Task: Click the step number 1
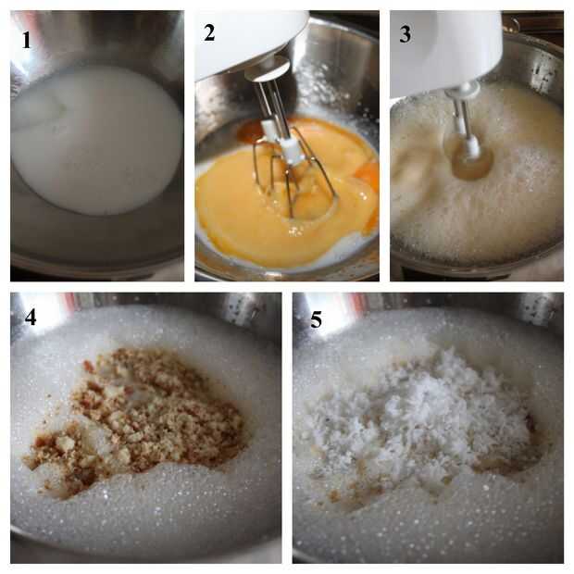tap(26, 40)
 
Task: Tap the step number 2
tap(209, 33)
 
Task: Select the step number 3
tap(406, 35)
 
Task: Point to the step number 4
tap(31, 317)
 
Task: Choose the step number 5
tap(317, 319)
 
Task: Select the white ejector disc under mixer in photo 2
tap(269, 69)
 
